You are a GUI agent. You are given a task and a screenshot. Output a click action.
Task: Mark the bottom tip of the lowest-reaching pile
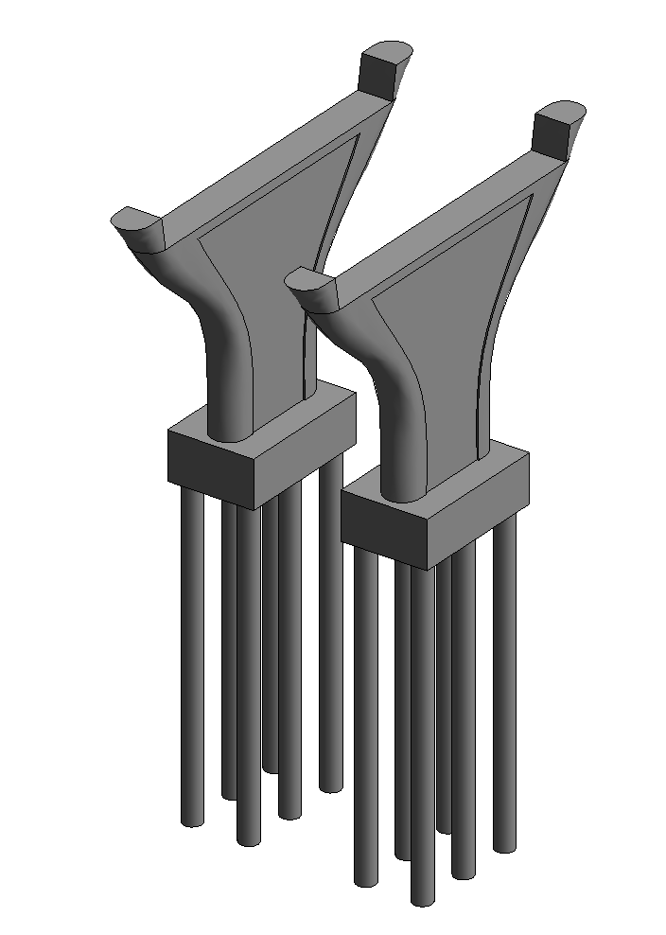point(423,900)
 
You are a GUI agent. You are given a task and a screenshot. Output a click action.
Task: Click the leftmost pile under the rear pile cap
point(193,662)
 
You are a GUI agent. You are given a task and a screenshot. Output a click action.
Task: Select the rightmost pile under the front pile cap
point(506,681)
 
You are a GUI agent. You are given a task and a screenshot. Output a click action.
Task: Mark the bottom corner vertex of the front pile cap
point(424,570)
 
